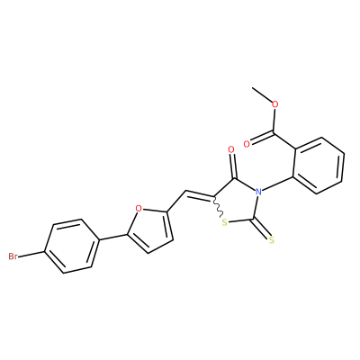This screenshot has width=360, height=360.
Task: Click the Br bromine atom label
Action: (13, 256)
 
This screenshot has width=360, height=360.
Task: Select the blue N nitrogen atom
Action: (257, 191)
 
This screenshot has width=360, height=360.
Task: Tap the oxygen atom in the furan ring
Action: (139, 208)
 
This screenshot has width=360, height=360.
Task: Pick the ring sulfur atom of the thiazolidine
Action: (224, 222)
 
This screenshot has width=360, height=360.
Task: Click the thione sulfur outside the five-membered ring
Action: (272, 239)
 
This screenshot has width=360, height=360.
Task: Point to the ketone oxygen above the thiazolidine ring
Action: (230, 149)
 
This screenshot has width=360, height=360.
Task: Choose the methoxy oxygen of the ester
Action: (274, 104)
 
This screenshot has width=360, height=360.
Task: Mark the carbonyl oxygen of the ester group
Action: (247, 144)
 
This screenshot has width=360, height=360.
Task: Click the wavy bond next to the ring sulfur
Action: (218, 207)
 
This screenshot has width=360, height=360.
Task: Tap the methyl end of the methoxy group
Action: (253, 88)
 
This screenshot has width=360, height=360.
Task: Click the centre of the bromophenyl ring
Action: (72, 247)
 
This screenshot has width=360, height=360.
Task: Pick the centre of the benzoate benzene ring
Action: (319, 166)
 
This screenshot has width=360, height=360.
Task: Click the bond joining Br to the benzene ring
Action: (31, 255)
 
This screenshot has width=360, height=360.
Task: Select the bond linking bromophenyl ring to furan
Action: (112, 238)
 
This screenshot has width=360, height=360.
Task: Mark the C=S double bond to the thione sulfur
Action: (261, 228)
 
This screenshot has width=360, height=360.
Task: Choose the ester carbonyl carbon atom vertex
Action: (273, 132)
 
